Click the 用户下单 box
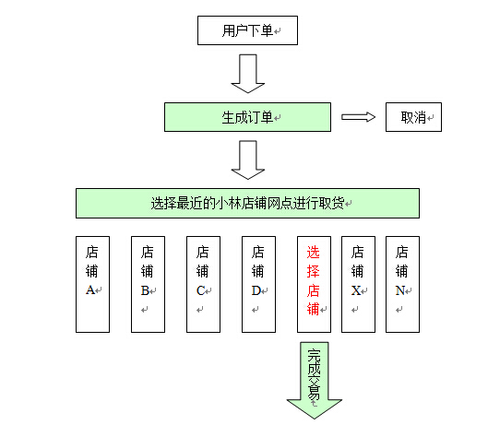[247, 30]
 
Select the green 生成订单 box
[247, 117]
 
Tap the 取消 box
[413, 117]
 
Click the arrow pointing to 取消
[358, 117]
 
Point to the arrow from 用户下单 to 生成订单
[248, 74]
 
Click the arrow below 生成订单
[248, 159]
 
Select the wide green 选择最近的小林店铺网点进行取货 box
[247, 203]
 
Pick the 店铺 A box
[92, 284]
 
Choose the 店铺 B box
[148, 284]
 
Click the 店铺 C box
[203, 284]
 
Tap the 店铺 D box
[258, 284]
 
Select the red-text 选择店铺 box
[314, 284]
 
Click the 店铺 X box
[358, 284]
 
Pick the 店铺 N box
[402, 284]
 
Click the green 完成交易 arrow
[314, 380]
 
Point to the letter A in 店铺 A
[90, 290]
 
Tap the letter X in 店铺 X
[356, 290]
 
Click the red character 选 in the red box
[313, 252]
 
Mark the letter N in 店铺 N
[400, 290]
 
